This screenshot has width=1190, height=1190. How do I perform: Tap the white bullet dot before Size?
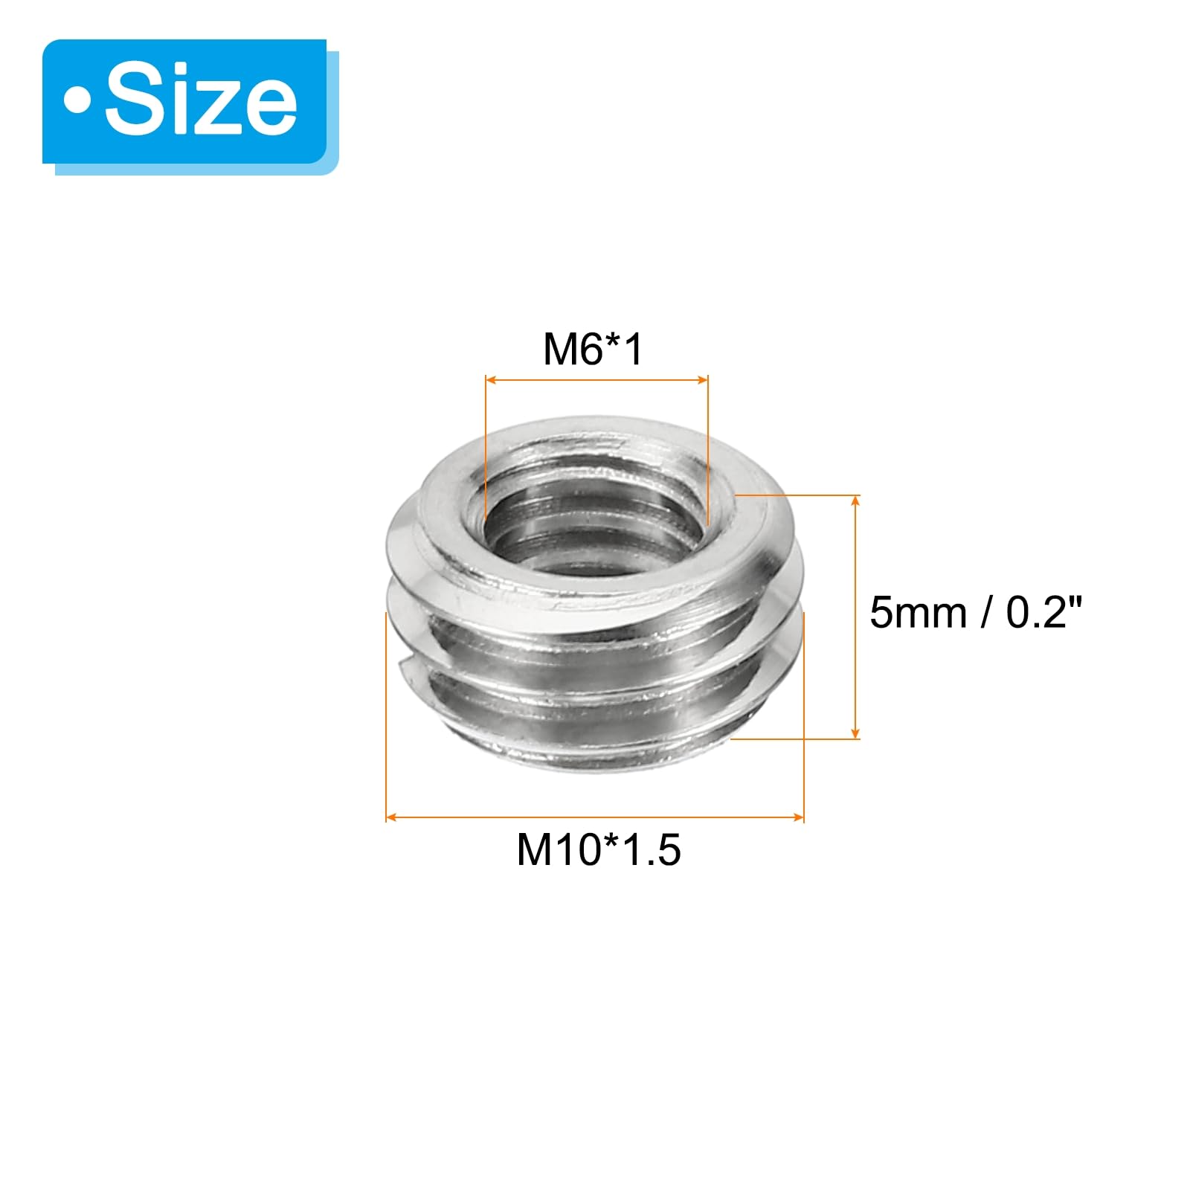click(77, 101)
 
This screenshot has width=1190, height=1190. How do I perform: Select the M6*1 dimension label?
click(593, 349)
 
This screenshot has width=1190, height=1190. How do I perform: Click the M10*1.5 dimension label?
click(599, 849)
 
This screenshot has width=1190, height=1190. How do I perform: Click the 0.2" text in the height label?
click(1043, 613)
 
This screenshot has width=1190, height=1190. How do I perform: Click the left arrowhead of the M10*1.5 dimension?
click(392, 817)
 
